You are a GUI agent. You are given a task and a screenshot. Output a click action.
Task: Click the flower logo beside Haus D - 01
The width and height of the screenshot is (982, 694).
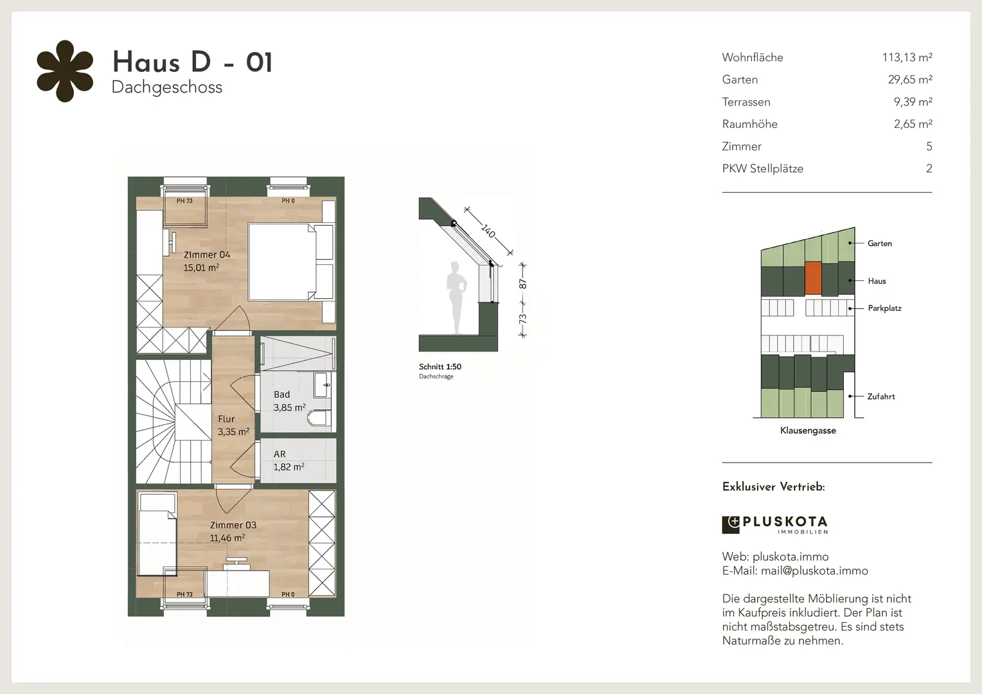[x=65, y=71]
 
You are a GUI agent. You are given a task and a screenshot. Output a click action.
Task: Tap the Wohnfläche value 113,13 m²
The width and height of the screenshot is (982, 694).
[x=907, y=57]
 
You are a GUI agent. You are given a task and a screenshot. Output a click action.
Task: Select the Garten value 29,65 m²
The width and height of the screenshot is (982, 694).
[x=910, y=80]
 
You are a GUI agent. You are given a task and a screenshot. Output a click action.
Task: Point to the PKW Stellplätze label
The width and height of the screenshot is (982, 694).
[x=762, y=169]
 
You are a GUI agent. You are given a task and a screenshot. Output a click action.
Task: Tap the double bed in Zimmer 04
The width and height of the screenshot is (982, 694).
[x=290, y=262]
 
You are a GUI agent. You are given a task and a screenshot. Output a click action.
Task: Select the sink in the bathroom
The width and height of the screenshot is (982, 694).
[x=322, y=385]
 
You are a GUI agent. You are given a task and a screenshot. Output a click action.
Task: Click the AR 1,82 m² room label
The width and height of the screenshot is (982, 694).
[x=289, y=460]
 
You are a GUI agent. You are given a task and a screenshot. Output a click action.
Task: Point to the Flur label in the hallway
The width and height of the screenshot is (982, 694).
[x=226, y=419]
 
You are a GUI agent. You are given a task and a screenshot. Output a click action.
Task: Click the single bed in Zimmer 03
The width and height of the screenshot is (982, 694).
[x=157, y=534]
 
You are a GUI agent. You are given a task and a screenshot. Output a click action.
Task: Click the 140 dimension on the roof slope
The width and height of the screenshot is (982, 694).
[x=488, y=231]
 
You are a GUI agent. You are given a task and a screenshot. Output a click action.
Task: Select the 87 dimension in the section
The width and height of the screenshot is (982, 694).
[x=522, y=284]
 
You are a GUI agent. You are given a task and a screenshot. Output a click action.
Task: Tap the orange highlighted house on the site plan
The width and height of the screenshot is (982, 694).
[x=813, y=278]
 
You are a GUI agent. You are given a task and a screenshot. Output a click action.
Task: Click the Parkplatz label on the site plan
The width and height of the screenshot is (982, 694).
[x=884, y=308]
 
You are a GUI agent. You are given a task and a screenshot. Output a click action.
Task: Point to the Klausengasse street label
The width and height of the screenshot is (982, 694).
[x=808, y=431]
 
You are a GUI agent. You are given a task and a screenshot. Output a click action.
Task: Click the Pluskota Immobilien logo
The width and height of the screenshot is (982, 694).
[x=775, y=524]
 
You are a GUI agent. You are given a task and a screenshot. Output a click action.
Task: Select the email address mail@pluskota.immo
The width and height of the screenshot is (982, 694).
[x=814, y=571]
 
